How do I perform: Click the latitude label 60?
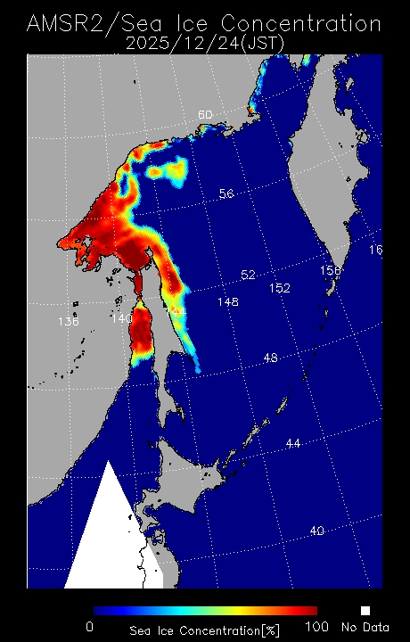[x=205, y=115]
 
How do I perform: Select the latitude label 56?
[x=226, y=193]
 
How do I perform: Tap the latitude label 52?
[x=248, y=275]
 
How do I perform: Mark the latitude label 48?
[x=271, y=358]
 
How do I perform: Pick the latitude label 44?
[x=293, y=443]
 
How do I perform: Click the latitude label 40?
[x=316, y=531]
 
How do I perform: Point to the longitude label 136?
[x=68, y=322]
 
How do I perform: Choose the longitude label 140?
[x=121, y=317]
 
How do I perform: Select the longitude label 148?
[x=227, y=302]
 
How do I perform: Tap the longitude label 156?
[x=331, y=270]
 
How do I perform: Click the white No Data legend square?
[x=365, y=611]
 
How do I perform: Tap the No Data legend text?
[x=365, y=628]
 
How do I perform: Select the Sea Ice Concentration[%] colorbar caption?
[x=205, y=630]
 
